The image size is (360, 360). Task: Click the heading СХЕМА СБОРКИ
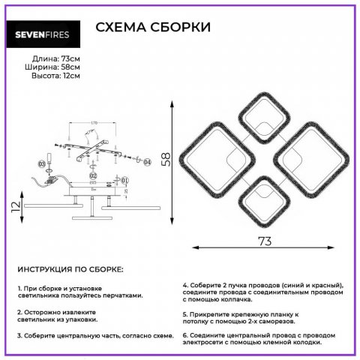pos(154,28)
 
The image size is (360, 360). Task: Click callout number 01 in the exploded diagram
pos(125,179)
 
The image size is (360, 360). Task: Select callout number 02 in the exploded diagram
pos(93,177)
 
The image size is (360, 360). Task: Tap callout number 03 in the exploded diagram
pos(41,163)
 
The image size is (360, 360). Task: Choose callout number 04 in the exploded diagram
pos(147,161)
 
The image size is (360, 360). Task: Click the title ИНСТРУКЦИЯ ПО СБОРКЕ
pos(70,268)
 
